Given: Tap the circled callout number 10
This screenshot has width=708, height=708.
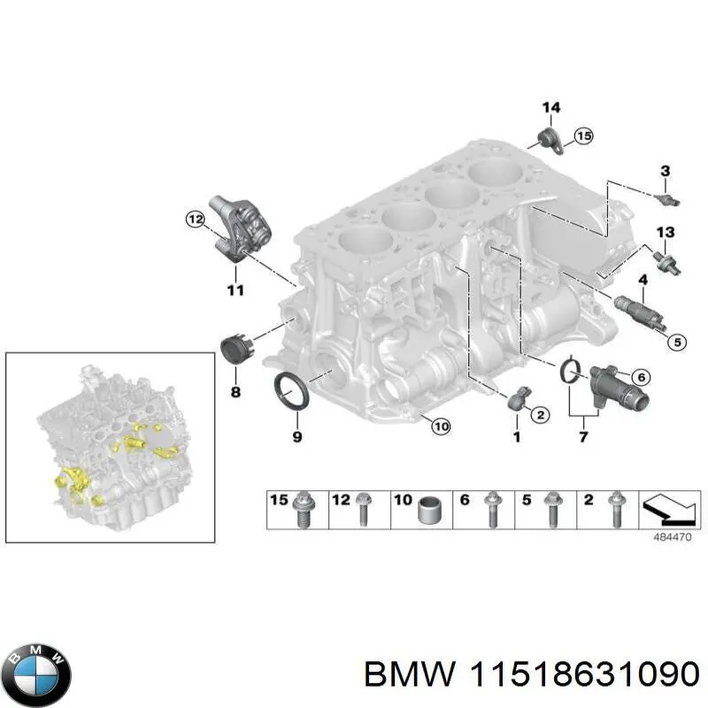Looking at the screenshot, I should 442,427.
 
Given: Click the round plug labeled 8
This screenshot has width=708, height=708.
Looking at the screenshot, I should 236,348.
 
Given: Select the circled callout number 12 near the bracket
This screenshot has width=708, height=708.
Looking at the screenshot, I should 195,218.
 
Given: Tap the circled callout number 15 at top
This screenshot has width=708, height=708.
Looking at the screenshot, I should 581,135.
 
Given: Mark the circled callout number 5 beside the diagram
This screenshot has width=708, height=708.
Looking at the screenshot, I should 674,341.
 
